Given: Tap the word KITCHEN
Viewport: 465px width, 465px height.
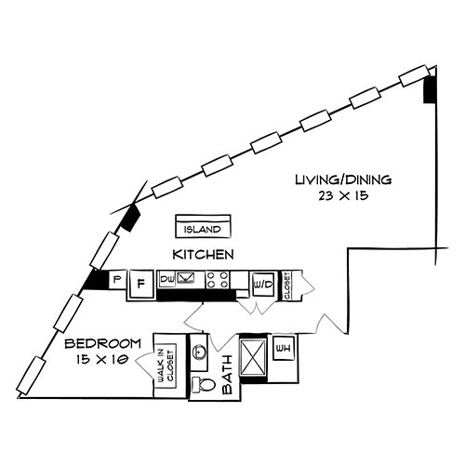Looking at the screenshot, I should point(202,253).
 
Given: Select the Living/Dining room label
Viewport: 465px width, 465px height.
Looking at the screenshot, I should point(343,179).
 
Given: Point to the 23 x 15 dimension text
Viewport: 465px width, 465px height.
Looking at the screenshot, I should point(343,197).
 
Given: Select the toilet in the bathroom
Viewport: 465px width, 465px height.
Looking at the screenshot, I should point(200,384).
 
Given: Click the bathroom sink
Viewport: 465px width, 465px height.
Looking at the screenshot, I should point(199,352).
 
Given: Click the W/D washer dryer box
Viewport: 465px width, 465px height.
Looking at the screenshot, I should point(262,284).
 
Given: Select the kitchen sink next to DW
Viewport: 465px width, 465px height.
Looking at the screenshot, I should point(188,277).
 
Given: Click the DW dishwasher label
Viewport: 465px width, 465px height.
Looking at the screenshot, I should point(167,278).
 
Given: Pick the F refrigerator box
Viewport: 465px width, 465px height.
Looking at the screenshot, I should point(140,284).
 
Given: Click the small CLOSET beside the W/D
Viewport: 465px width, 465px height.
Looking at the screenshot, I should point(286,284).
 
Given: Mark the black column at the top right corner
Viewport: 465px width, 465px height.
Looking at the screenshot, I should point(430,90).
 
